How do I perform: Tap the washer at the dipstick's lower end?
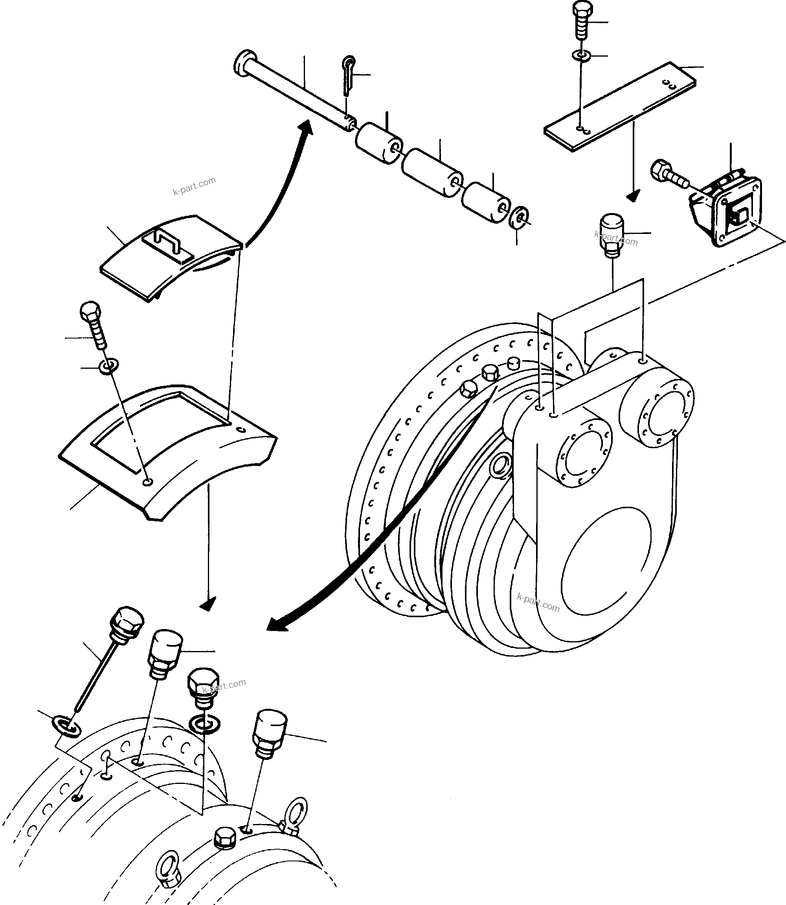click(67, 726)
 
